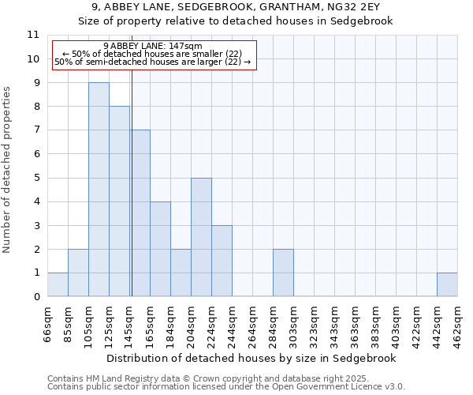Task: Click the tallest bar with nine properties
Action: [99, 190]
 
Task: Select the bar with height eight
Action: [119, 201]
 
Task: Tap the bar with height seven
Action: [140, 213]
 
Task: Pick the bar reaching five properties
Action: [201, 237]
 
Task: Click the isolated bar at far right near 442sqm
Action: [447, 284]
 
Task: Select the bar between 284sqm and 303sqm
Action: [283, 273]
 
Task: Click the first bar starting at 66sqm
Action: [58, 284]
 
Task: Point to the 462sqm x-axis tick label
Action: [457, 325]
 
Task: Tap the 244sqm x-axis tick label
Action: [232, 325]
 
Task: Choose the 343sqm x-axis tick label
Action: [334, 325]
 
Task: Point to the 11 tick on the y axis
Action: [33, 35]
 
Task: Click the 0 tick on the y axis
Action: [36, 296]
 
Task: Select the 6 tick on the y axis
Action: [36, 154]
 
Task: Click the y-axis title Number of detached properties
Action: [8, 170]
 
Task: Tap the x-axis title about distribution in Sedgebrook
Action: [251, 359]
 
